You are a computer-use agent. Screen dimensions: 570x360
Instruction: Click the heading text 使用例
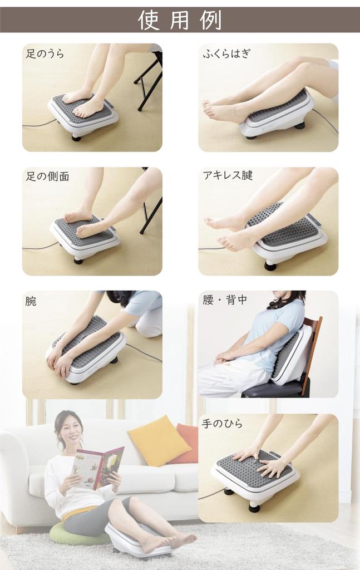point(180,20)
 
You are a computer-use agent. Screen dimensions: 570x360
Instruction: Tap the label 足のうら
point(45,54)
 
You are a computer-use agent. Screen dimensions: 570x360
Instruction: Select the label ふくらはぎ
point(227,54)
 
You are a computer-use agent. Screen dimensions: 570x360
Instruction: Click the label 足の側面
point(48,176)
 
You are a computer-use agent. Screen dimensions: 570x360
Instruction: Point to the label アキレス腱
point(228,176)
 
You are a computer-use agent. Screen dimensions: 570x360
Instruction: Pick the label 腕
point(31,301)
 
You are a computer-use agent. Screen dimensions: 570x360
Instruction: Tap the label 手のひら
point(223,424)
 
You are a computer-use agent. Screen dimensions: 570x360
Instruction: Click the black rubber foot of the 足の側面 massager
point(78,260)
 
